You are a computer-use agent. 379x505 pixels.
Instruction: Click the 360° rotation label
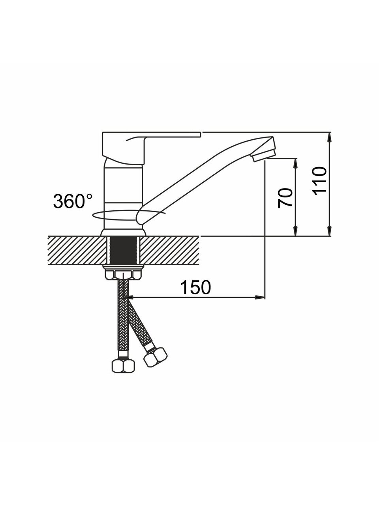[x=73, y=201]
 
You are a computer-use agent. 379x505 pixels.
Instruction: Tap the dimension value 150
[x=195, y=287]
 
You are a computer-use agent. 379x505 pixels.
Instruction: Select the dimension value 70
[x=285, y=198]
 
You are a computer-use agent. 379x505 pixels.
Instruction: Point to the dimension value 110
[x=319, y=183]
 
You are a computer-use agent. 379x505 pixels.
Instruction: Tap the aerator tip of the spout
[x=264, y=154]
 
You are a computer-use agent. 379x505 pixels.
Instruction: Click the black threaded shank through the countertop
[x=123, y=250]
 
